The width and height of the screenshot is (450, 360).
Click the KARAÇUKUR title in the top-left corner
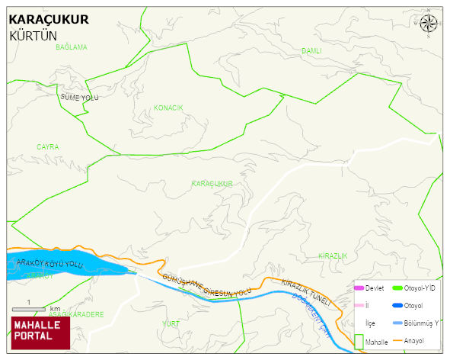pos(48,19)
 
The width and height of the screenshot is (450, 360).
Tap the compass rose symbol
pos(429,23)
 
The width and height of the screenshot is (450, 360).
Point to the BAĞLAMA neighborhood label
pos(72,47)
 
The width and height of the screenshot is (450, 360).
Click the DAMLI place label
pos(311,51)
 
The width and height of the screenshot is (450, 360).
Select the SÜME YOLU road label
pos(79,98)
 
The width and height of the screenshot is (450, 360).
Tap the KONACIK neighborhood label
pos(168,108)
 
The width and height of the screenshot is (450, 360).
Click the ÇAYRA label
pos(47,146)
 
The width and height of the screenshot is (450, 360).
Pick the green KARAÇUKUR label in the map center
pos(212,184)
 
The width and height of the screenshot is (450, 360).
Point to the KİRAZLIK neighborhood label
pos(333,255)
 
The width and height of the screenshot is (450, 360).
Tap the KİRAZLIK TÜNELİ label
pos(307,293)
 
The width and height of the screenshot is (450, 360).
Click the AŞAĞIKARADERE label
pos(75,313)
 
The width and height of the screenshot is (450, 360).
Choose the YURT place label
pos(171,323)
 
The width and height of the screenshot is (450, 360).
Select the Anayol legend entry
pos(413,340)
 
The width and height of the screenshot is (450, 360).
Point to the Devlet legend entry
pos(369,288)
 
